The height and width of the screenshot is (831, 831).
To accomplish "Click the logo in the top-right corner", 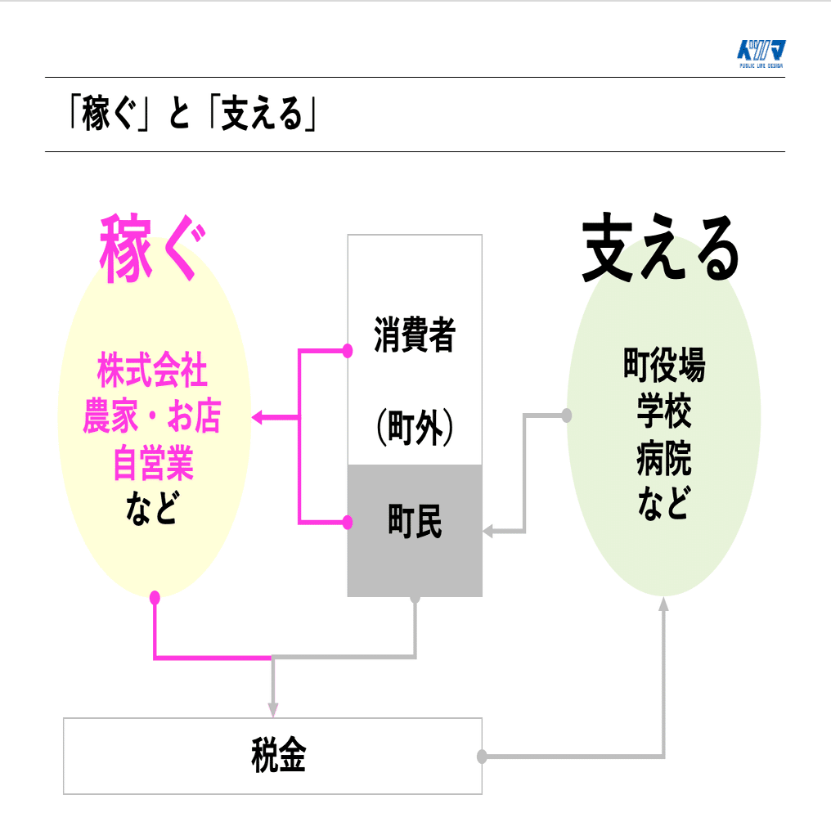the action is (x=761, y=54).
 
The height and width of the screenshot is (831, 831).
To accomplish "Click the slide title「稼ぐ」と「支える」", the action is (x=193, y=115).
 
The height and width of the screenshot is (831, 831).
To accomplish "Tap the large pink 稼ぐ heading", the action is (x=150, y=249).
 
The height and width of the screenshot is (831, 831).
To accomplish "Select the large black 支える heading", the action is (x=661, y=249).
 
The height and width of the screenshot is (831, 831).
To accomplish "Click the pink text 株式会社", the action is (x=152, y=371).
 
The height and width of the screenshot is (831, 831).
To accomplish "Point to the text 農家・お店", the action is (x=152, y=418).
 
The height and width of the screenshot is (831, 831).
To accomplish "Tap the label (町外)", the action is (x=415, y=427).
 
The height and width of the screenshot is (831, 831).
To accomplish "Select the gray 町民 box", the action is (x=415, y=530).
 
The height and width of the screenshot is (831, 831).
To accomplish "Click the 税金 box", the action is (x=272, y=756).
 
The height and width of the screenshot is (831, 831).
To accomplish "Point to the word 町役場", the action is (x=663, y=365).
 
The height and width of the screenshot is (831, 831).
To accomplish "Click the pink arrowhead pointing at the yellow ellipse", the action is (x=257, y=417).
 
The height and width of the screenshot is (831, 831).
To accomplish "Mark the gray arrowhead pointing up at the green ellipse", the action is (x=663, y=604).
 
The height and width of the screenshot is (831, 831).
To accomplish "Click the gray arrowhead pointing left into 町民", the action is (x=488, y=532).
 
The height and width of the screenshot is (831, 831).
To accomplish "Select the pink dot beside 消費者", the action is (x=348, y=351).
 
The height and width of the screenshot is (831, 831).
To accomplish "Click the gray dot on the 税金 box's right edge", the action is (x=482, y=757).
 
